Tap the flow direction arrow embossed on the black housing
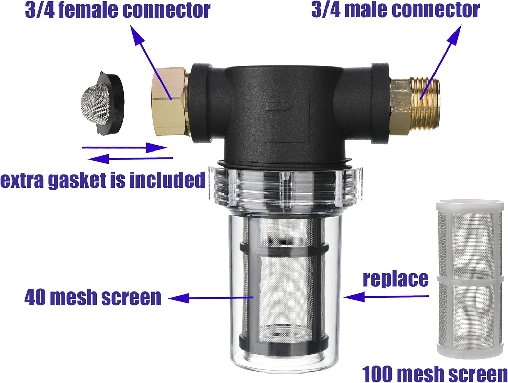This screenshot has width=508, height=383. tap(280, 107)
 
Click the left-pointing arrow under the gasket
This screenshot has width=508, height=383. tap(130, 158)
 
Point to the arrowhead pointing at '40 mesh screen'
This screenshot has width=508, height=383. tap(178, 298)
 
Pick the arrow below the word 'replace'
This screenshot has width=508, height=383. tap(386, 297)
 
